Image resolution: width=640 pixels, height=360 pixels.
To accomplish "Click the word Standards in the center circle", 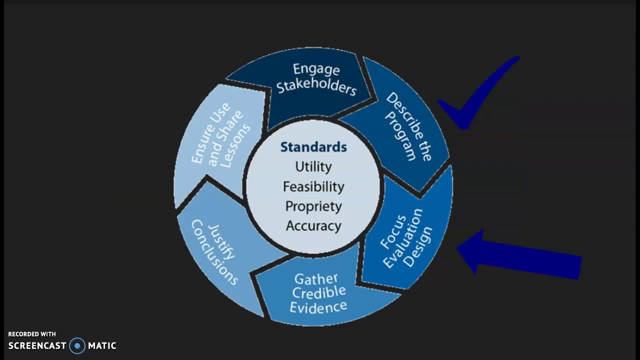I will point(313,147).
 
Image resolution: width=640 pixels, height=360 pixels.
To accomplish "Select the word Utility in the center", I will point(313,166).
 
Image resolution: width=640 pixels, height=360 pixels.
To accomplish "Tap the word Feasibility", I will point(313,186).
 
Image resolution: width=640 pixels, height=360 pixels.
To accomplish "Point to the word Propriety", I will point(313,206).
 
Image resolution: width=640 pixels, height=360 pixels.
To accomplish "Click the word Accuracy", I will point(313,225).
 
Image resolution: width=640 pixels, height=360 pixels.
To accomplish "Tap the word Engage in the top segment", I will point(316,69).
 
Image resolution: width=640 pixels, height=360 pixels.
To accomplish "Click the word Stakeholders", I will point(316,86).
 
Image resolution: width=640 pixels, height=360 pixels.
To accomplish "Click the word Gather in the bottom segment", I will point(316,278).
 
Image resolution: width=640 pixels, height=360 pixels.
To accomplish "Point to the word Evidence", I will point(318,306).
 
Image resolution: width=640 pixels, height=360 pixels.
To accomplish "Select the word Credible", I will point(319,292).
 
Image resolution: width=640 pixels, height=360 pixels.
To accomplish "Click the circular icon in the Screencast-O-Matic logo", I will point(77,345).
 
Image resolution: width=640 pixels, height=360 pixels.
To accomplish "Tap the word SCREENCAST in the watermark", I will point(37,345).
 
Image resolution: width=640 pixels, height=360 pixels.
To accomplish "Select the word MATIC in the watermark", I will point(102,345).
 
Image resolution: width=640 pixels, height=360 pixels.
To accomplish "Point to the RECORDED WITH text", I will point(32,334).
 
